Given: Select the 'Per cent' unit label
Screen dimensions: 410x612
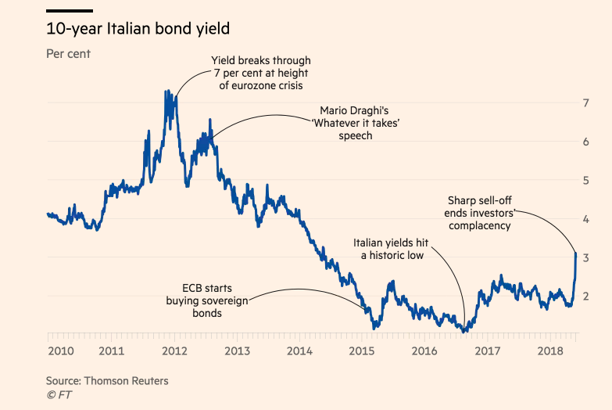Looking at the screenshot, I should (x=69, y=55).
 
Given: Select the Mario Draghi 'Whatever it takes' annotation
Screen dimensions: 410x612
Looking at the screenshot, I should (x=356, y=123).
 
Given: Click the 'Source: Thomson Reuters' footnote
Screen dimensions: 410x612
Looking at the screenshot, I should (x=107, y=381).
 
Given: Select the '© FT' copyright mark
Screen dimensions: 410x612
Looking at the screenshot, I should (x=59, y=395).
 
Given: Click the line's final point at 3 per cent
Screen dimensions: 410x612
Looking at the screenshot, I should (x=575, y=254).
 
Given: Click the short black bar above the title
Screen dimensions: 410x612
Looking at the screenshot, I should (x=70, y=11).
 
